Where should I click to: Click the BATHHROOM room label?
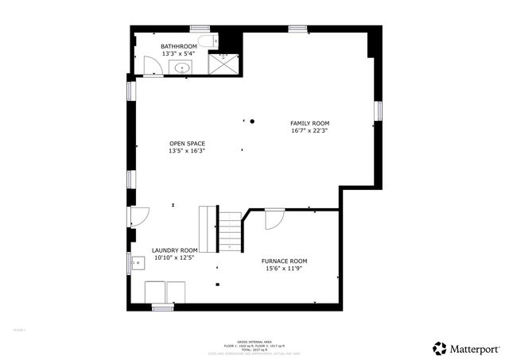pos(177,46)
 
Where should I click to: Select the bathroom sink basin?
pos(183,68)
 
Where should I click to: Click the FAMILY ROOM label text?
pos(309,123)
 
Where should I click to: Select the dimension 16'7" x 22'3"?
pos(309,131)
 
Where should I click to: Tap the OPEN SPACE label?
pos(187,144)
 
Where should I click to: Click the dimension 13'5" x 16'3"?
pos(187,151)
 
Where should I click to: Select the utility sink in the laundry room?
pos(135,260)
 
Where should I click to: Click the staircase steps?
pos(229,231)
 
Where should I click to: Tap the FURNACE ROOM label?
pos(285,261)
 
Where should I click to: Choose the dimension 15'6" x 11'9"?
pos(285,268)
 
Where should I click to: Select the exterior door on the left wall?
pos(138,215)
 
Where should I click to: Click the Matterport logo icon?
pos(439,347)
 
